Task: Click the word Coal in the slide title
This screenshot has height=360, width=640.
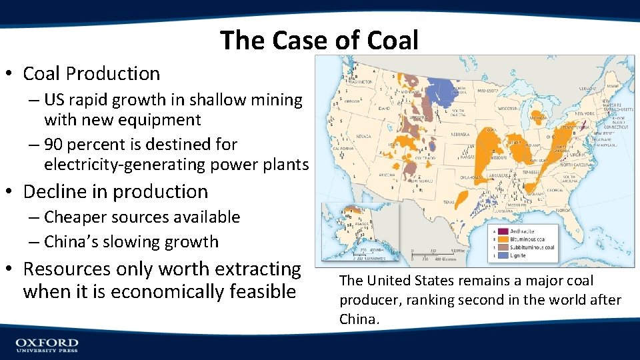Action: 393,41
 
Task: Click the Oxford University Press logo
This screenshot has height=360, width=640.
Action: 47,345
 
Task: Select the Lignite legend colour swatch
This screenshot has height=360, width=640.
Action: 490,255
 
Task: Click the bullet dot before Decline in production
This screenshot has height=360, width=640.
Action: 13,192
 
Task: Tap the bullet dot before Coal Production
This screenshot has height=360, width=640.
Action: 13,73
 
